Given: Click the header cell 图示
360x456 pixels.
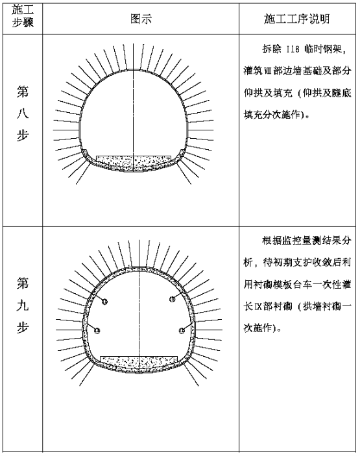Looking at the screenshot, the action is pos(141,19).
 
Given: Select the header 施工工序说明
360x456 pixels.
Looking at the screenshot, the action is pos(297,19).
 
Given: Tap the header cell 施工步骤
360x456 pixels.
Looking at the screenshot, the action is pos(23,16).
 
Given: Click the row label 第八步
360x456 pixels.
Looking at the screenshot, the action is pos(23,114).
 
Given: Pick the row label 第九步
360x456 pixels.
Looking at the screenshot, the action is pos(23,305).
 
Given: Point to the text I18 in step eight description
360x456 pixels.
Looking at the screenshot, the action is pos(293,49).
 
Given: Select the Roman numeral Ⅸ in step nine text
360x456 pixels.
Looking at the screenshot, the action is pos(259,307).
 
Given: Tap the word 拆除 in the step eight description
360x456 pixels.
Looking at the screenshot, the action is pos(272,49).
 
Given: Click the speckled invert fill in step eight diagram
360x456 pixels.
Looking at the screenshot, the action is pos(134,163).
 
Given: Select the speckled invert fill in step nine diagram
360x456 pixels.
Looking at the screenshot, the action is pos(139,363).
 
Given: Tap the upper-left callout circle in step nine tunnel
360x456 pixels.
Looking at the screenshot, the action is pos(104,301).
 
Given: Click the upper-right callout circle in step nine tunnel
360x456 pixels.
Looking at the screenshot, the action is pos(173,298).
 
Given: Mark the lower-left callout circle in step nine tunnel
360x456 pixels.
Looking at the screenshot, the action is pos(97,330).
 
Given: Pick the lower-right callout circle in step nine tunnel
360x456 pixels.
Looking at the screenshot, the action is pos(182,330).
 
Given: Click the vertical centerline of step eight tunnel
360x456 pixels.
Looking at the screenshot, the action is pos(134,108).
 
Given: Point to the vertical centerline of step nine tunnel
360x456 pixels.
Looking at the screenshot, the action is pos(139,306).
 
